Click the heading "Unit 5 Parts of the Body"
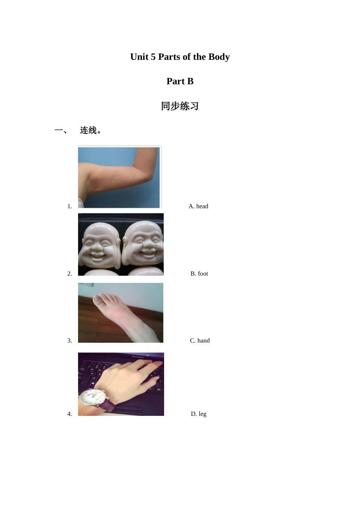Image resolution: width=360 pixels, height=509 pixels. click(180, 57)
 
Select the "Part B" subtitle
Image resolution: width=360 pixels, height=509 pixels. click(180, 81)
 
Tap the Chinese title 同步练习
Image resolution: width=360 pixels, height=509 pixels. click(180, 106)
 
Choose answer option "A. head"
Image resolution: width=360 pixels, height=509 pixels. click(198, 206)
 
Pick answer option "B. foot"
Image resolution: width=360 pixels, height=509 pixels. click(199, 274)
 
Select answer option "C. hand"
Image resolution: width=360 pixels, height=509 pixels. click(200, 341)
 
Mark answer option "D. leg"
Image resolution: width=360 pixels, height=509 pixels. click(199, 414)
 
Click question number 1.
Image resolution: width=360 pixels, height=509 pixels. click(70, 206)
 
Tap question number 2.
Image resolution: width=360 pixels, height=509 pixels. click(70, 274)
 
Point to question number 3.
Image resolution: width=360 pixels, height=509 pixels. click(70, 341)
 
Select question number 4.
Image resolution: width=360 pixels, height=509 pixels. click(70, 414)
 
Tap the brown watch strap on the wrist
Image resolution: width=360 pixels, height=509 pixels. click(108, 406)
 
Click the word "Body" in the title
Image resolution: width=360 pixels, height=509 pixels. click(219, 57)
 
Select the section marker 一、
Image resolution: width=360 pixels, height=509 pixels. click(61, 131)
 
